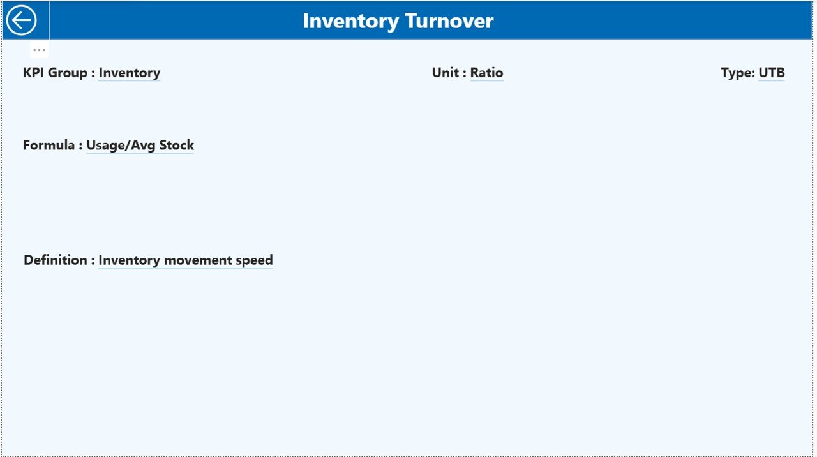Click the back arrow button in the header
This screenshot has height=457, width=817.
(x=22, y=20)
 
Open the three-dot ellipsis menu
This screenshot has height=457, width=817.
(x=39, y=50)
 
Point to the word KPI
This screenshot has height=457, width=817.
(x=34, y=73)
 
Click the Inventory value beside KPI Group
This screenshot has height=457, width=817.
(x=129, y=73)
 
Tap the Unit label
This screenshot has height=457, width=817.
(x=445, y=73)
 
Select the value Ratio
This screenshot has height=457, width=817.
(x=486, y=73)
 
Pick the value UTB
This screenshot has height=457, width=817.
(x=771, y=73)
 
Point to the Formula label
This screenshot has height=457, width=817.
(x=49, y=145)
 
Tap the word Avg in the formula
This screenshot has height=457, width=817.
(x=144, y=145)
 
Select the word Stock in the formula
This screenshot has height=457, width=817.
(x=177, y=145)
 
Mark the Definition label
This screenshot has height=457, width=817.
(x=55, y=260)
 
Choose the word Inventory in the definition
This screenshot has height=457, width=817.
(x=129, y=260)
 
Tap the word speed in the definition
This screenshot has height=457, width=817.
(x=254, y=260)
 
